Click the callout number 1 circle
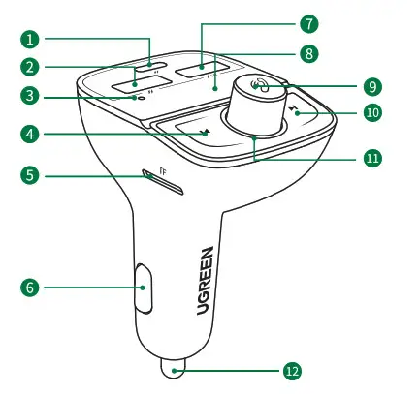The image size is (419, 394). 32,40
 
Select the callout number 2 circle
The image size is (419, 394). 32,67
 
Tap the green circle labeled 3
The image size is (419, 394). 32,96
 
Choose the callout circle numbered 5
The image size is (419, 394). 32,175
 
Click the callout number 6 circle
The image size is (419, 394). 32,288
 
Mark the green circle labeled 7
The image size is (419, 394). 309,22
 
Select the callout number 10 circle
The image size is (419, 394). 371,112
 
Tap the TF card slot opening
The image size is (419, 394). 161,176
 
